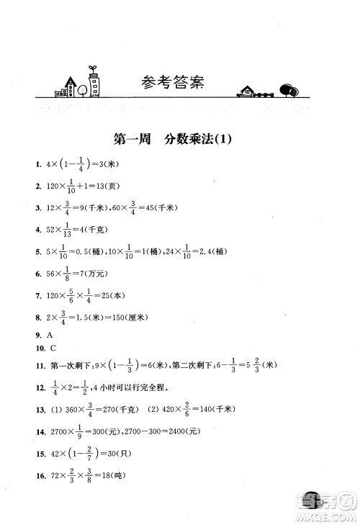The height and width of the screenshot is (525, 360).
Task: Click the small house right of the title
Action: point(247,91)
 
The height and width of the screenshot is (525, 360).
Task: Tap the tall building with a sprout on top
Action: point(93,83)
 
